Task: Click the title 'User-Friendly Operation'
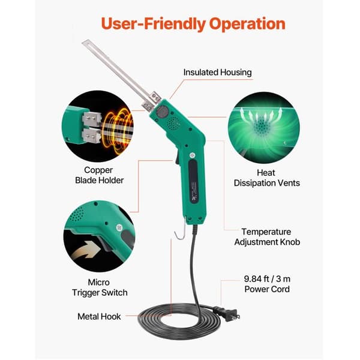click(193, 24)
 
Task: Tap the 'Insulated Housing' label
click(217, 73)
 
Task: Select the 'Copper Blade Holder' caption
click(99, 175)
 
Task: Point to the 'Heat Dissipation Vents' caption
click(266, 178)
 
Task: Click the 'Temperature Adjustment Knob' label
click(267, 237)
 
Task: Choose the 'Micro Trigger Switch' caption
click(100, 287)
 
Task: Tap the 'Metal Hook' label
click(99, 317)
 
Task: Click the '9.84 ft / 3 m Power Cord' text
click(267, 284)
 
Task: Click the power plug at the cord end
click(227, 313)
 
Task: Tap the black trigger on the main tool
click(177, 158)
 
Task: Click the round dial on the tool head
click(163, 112)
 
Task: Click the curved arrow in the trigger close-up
click(86, 251)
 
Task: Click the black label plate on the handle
click(194, 181)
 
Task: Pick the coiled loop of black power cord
click(179, 321)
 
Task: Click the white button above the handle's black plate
click(192, 155)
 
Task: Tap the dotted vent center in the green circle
click(261, 126)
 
